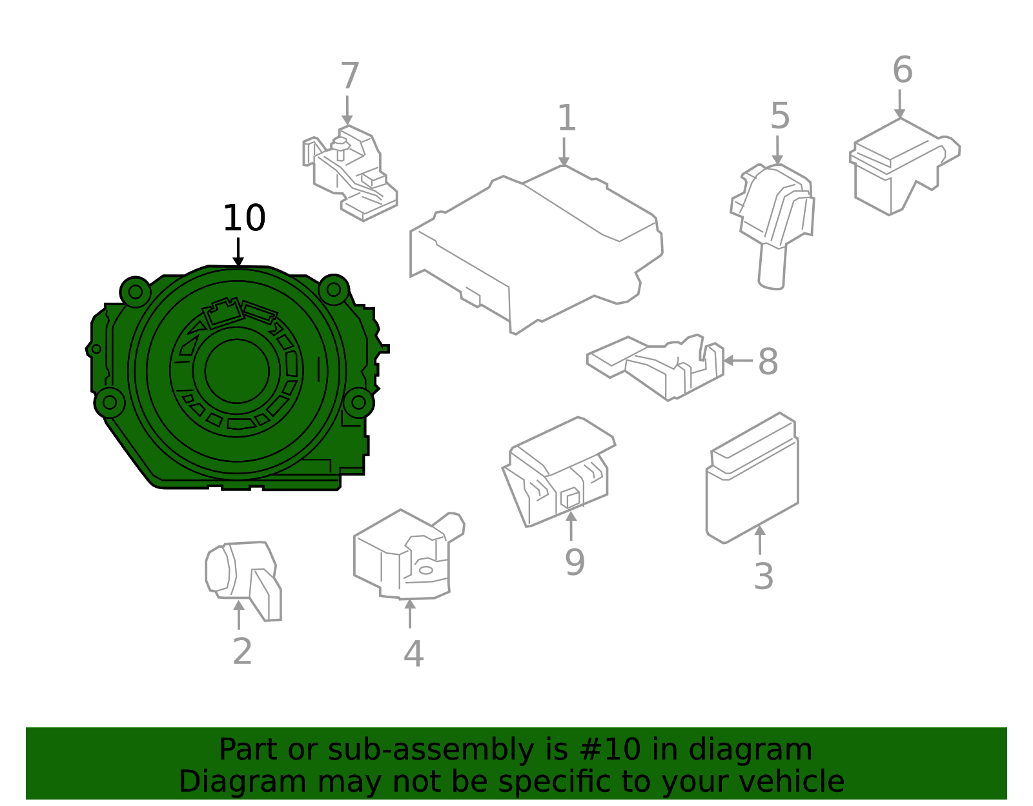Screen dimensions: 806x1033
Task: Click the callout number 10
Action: coord(244,219)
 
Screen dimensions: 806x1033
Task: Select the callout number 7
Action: coord(349,77)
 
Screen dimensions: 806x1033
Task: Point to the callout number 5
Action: coord(780,117)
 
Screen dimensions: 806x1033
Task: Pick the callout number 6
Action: coord(902,70)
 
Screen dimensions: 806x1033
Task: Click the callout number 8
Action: coord(768,361)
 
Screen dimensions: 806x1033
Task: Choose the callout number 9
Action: coord(574,562)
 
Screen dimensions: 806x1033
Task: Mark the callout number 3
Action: coord(763,576)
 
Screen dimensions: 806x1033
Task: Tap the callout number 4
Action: coord(413,654)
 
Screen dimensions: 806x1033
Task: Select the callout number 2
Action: coord(242,652)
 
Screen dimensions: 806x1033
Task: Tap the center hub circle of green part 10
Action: coord(237,371)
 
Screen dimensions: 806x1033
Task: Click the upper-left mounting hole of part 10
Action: coord(136,292)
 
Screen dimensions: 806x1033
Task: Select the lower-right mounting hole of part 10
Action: coord(358,403)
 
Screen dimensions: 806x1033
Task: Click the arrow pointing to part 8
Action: coord(736,361)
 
